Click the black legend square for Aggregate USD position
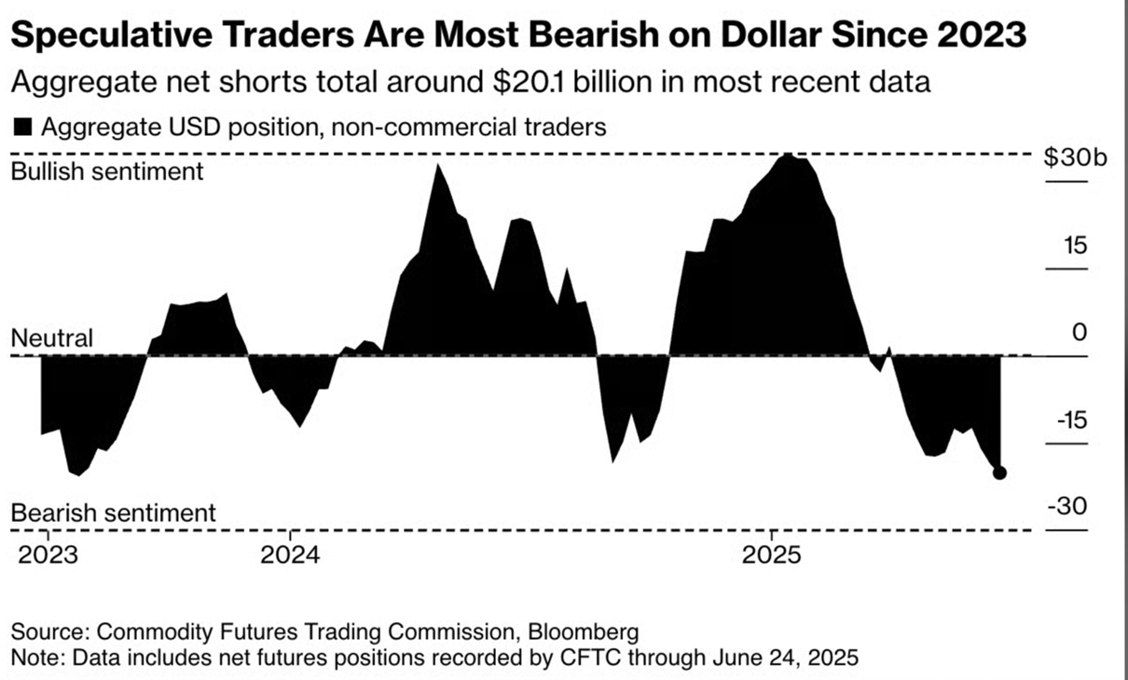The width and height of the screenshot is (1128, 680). [x=20, y=128]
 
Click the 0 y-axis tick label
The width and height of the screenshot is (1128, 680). [x=1080, y=333]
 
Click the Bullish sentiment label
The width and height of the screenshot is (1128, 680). [x=106, y=171]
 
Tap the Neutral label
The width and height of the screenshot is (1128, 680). [x=52, y=338]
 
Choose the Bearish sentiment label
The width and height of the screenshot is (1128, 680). [x=113, y=512]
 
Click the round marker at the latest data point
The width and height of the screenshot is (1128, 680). [x=999, y=472]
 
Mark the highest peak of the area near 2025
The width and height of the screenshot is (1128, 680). [x=788, y=156]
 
